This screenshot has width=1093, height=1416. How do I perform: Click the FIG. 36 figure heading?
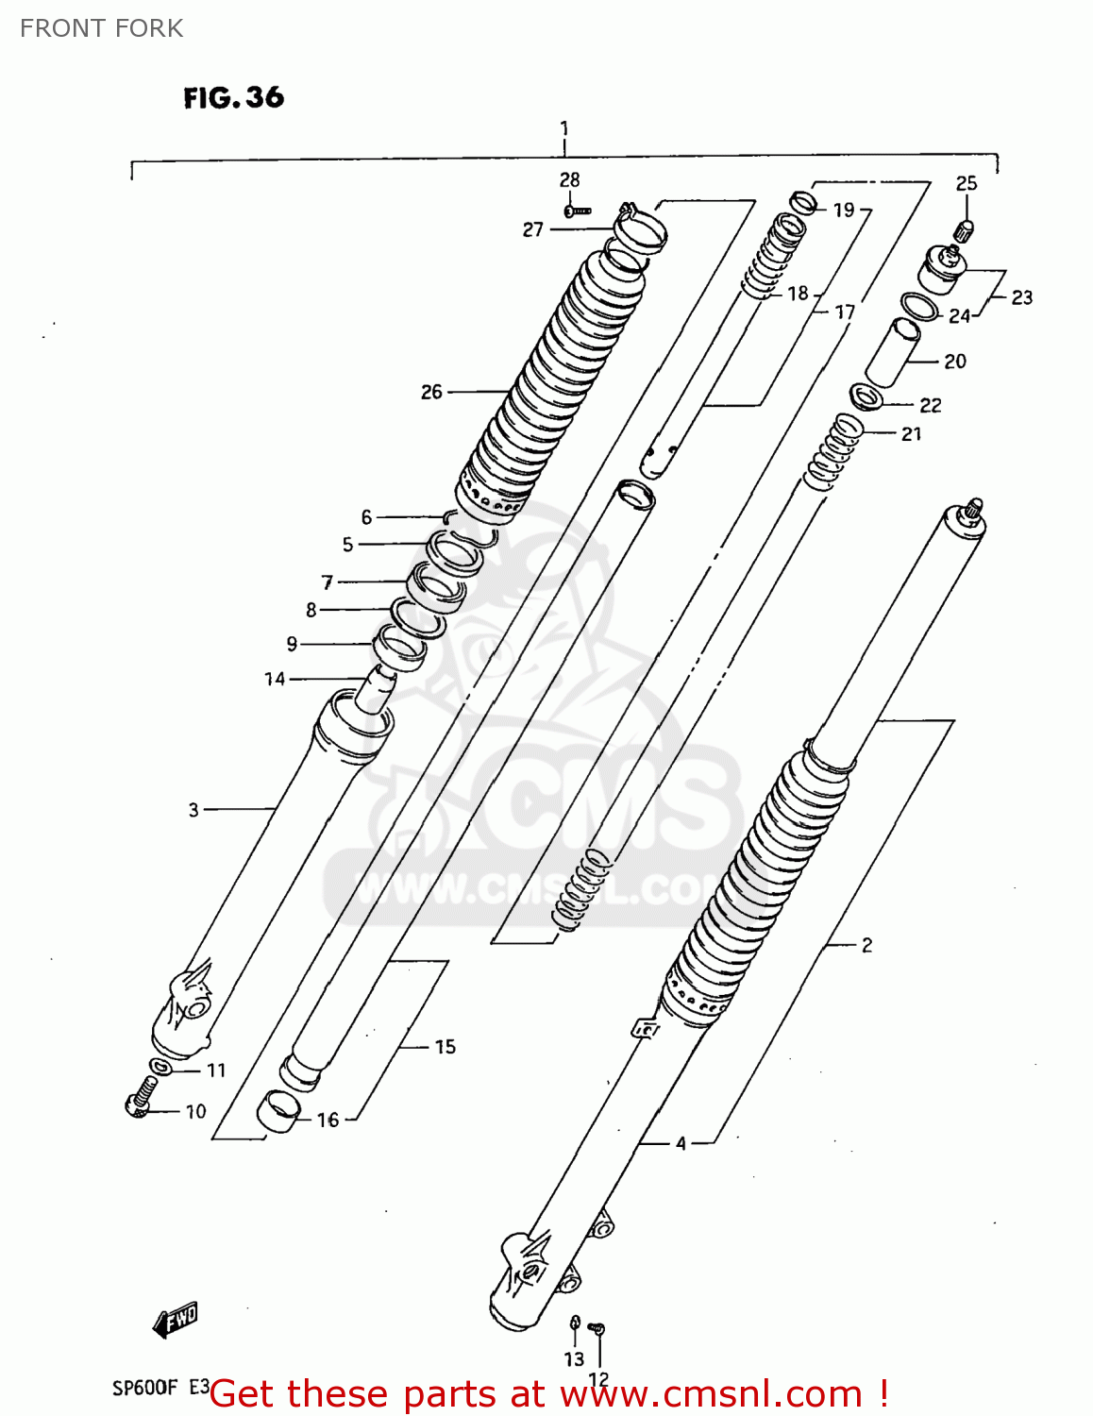click(x=233, y=97)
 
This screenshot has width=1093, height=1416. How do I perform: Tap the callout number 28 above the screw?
click(x=569, y=179)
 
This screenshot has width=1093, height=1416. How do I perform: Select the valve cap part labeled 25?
click(x=965, y=229)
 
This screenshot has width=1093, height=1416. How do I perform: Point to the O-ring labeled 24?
click(x=919, y=307)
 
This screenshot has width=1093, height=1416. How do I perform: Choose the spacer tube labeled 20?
click(x=891, y=353)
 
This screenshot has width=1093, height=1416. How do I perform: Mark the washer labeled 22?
click(x=865, y=396)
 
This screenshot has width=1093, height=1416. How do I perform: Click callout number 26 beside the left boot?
click(x=431, y=392)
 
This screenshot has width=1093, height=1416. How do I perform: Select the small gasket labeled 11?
click(x=162, y=1067)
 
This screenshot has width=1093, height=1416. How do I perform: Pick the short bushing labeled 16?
click(x=278, y=1108)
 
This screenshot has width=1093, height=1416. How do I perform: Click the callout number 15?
click(x=445, y=1046)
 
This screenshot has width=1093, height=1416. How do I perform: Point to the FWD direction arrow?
click(x=177, y=1319)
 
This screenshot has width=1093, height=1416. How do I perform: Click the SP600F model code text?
click(x=144, y=1388)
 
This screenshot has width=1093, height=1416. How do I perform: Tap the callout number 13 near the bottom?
click(x=574, y=1359)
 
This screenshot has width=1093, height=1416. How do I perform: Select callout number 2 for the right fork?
click(x=866, y=945)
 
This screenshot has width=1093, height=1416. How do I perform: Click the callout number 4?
click(x=681, y=1143)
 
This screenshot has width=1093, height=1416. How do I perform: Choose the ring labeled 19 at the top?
click(x=803, y=202)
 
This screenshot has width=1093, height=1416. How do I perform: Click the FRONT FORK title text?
click(x=101, y=28)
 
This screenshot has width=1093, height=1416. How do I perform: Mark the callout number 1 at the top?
click(x=564, y=128)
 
